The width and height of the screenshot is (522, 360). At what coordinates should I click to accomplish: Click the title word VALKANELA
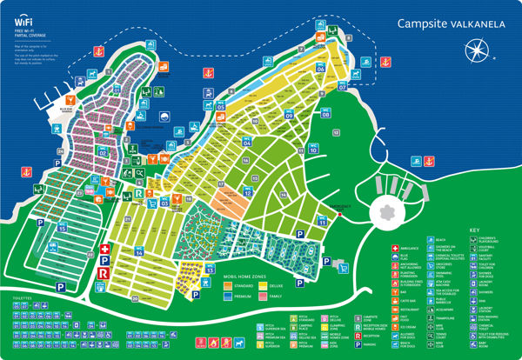tap(469, 25)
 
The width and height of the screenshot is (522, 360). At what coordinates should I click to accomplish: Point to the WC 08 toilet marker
tap(325, 113)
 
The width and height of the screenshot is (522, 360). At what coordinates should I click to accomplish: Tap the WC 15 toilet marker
tap(63, 228)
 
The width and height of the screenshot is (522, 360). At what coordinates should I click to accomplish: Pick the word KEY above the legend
tap(474, 230)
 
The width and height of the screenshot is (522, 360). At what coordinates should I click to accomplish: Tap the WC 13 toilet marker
tap(210, 269)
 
